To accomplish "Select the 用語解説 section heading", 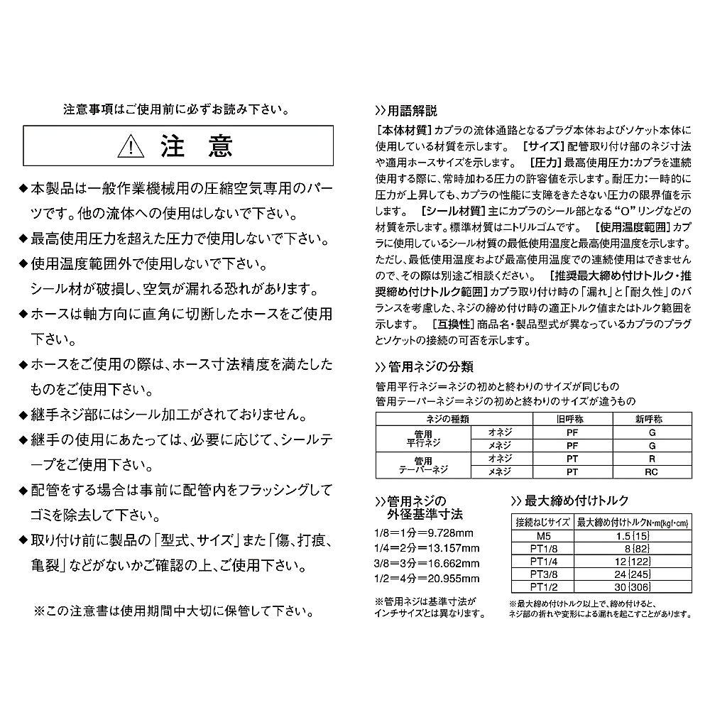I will tap(411, 111).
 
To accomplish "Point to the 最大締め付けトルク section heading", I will tap(574, 501).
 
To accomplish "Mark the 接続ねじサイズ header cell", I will tap(542, 521).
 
